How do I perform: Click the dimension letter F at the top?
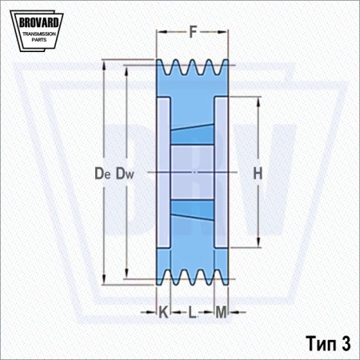click(x=193, y=32)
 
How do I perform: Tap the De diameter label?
click(x=102, y=174)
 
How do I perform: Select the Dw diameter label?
click(x=125, y=174)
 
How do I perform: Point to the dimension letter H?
click(x=258, y=174)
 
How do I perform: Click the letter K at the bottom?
click(x=163, y=312)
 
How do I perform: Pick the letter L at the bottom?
click(x=192, y=312)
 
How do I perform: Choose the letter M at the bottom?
click(x=221, y=312)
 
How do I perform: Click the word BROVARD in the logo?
click(x=39, y=22)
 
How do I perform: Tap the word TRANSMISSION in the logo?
click(x=39, y=34)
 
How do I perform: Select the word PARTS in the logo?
click(x=39, y=40)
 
